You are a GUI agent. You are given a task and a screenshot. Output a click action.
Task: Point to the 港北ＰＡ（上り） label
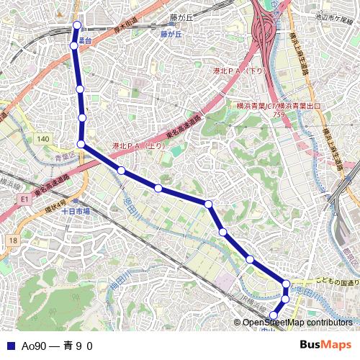[x=139, y=145]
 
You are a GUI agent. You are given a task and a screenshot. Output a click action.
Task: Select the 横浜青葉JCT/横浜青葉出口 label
[x=279, y=106]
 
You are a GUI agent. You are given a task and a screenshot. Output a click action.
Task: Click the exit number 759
[x=279, y=114]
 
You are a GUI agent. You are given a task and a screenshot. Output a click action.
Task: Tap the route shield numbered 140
[x=44, y=138]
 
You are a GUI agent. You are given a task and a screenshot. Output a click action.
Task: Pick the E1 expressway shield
[x=24, y=197]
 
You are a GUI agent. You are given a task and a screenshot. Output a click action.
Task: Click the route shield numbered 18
[x=14, y=240]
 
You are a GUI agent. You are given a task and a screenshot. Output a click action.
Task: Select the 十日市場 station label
[x=75, y=212]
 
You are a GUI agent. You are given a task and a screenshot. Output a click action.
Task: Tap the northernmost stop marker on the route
[x=77, y=26]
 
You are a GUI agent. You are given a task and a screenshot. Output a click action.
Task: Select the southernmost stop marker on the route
[x=274, y=315]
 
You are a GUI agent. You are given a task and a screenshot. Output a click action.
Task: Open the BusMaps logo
[x=326, y=346]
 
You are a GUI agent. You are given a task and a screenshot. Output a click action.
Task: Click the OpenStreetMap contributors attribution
[x=297, y=323]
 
